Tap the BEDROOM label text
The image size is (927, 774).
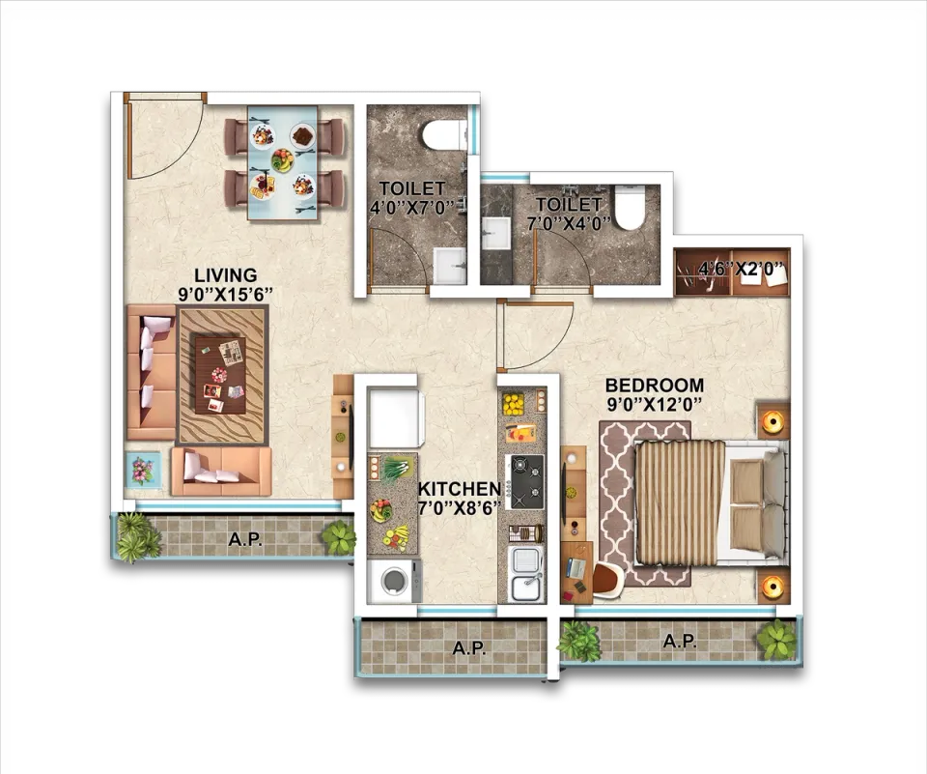[655, 386]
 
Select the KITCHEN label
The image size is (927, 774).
[460, 489]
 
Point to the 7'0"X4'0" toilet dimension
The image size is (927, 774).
[568, 223]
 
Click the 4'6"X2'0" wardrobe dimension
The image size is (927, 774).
[742, 270]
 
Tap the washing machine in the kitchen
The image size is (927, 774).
[394, 581]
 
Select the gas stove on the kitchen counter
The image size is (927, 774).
[523, 481]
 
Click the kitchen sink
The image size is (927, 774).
[526, 572]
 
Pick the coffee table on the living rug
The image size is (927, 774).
[220, 376]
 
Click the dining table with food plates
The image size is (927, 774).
[283, 162]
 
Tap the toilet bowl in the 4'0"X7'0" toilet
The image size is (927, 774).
[443, 133]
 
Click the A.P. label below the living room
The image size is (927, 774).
[245, 539]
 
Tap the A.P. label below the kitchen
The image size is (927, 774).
[469, 648]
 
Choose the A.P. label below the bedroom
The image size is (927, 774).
[679, 641]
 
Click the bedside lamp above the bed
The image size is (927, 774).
[773, 420]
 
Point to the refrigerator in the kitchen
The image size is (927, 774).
[395, 417]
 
